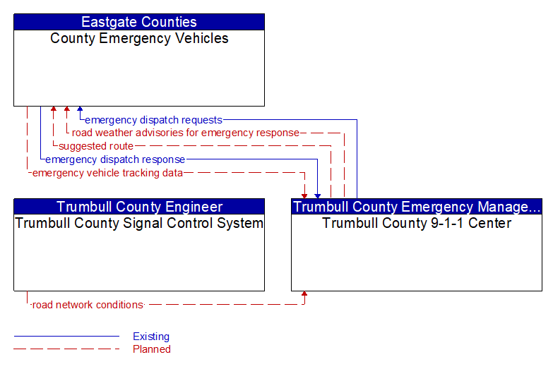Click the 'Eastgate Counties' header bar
tap(139, 22)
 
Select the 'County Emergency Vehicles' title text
tap(139, 38)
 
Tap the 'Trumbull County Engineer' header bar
tap(139, 207)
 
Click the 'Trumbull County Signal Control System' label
tap(139, 223)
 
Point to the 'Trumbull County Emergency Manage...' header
tap(417, 207)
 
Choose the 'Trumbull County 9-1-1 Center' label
tap(417, 223)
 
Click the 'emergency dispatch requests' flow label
tap(153, 120)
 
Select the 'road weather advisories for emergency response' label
tap(186, 133)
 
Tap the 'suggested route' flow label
tap(96, 146)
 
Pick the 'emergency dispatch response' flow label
tap(115, 159)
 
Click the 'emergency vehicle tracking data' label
tap(107, 173)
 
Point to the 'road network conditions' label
tap(88, 305)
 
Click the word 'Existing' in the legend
tap(151, 337)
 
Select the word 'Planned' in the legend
tap(152, 349)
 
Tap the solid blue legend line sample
tap(66, 337)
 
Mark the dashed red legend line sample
tap(66, 349)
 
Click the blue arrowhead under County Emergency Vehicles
tap(80, 109)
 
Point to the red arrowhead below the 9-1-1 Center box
tap(304, 294)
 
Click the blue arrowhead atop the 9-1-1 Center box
tap(318, 196)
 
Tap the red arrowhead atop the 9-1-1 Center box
tap(304, 196)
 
